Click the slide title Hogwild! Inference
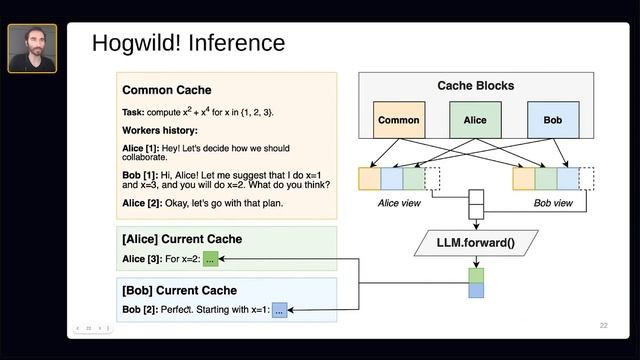188,44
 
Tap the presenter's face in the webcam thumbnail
31,44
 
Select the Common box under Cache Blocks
398,120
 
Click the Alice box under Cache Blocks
475,120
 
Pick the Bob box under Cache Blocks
552,120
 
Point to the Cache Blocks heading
476,86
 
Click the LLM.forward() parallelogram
475,242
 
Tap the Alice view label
398,203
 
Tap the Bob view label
553,203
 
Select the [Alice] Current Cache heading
182,240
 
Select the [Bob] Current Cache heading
179,291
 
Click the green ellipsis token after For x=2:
210,260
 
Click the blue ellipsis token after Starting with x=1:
279,311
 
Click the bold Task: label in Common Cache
135,111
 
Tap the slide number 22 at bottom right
603,325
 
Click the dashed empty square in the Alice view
433,179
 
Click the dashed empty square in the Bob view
587,179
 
